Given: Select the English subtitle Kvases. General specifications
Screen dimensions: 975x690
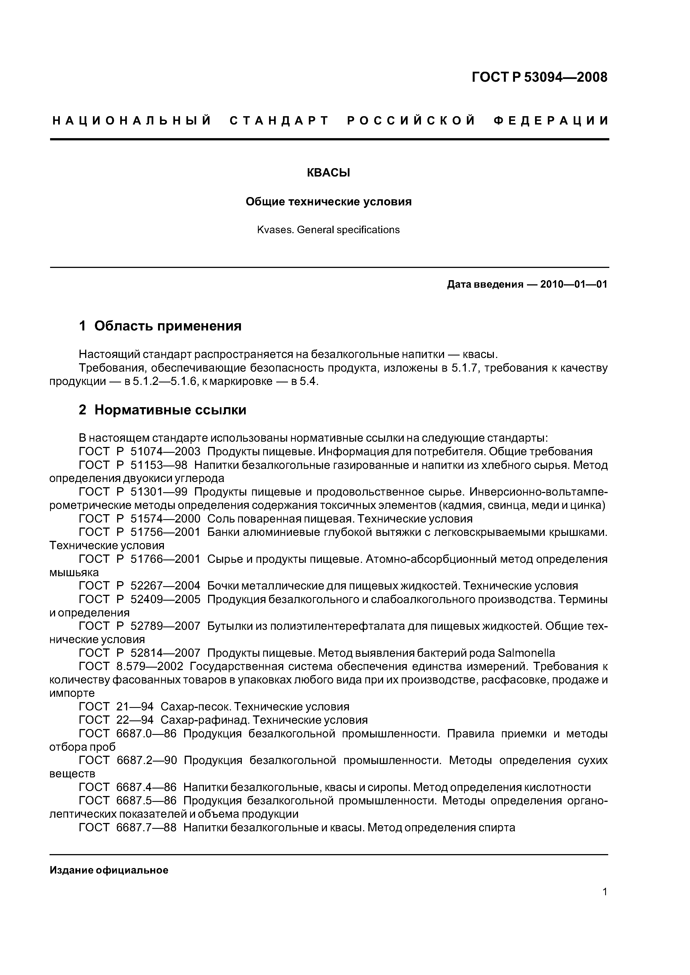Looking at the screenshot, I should [x=328, y=230].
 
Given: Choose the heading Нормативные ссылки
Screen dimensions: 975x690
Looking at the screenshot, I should [x=170, y=410].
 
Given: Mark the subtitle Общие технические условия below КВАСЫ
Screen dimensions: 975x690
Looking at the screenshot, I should [x=329, y=202].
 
